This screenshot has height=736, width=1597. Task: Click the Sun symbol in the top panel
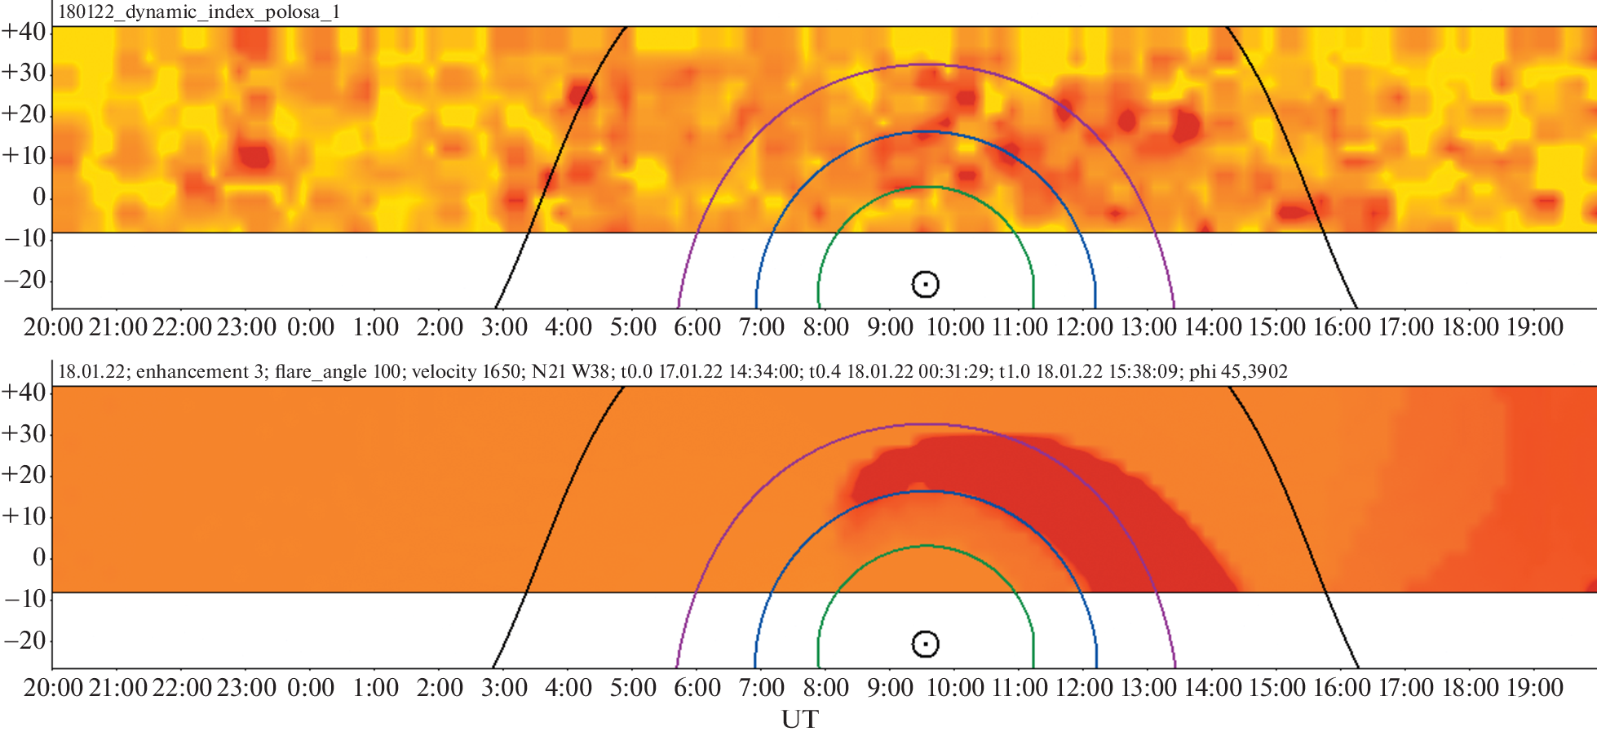coord(925,284)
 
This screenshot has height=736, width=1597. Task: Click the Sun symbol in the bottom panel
coord(925,644)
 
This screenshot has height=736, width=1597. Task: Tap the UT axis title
coord(799,720)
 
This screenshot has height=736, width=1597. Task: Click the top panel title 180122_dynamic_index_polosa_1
coord(199,12)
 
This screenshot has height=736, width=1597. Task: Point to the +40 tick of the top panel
coord(24,31)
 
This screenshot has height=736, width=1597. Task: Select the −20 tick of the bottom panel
coord(24,640)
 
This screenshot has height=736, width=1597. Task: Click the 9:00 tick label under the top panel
coord(890,327)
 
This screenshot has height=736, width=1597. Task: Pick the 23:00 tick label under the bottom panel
coord(246,688)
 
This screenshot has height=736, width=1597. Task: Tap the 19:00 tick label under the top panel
coord(1534,327)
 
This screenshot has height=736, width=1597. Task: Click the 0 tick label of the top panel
coord(38,197)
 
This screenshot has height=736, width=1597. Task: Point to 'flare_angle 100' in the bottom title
coord(338,372)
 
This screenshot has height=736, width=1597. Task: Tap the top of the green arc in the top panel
coord(927,187)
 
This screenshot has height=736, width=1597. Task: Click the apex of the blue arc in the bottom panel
coord(927,491)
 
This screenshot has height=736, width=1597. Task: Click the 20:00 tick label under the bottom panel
coord(53,688)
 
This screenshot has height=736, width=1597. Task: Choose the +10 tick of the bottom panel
coord(24,516)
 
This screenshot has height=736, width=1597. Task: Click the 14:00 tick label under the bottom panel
coord(1212,688)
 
